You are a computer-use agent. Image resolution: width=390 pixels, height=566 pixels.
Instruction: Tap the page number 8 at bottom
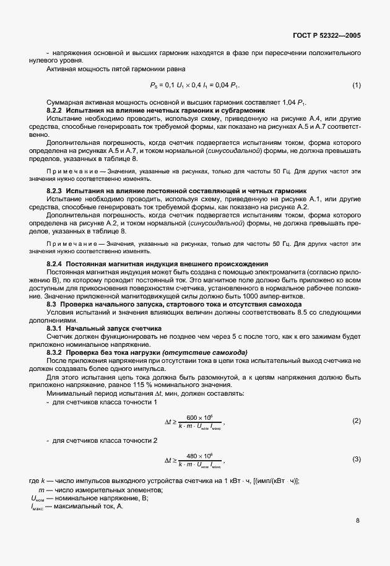pyautogui.click(x=358, y=521)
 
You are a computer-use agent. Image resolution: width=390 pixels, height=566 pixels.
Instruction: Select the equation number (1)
pyautogui.click(x=357, y=84)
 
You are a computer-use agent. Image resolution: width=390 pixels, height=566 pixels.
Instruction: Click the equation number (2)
pyautogui.click(x=357, y=421)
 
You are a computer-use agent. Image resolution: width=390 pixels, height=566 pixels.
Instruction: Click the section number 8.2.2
pyautogui.click(x=55, y=110)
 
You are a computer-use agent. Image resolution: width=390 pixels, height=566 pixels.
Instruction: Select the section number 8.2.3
pyautogui.click(x=55, y=189)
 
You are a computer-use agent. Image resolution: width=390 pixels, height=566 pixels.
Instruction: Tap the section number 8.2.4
pyautogui.click(x=55, y=247)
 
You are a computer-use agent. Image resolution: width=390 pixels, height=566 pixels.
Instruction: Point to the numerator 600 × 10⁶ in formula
pyautogui.click(x=199, y=417)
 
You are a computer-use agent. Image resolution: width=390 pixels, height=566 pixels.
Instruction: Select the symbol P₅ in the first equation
pyautogui.click(x=154, y=85)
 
